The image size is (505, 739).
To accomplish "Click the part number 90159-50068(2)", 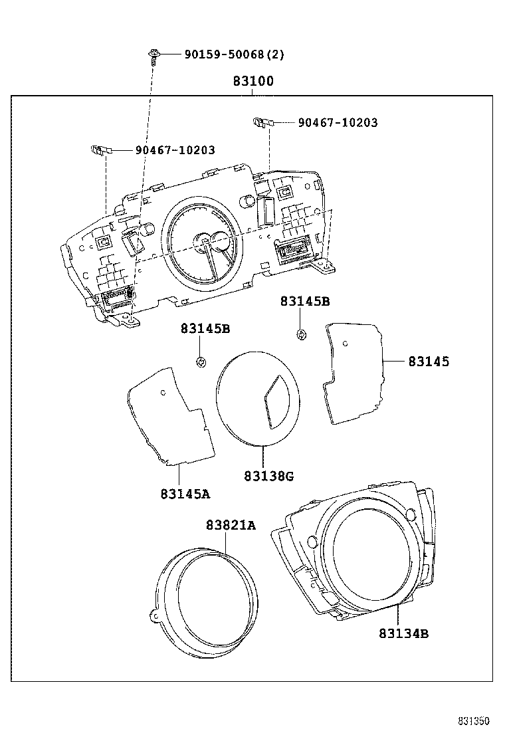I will click(234, 54).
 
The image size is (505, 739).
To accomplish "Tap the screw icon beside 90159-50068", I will click(154, 55).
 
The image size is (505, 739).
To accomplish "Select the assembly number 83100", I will click(252, 82).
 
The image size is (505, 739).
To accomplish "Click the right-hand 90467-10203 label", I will click(338, 123).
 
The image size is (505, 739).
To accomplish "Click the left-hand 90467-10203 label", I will click(175, 151).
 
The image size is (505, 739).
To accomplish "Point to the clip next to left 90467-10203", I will click(98, 150).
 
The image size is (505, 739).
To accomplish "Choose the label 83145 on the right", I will click(429, 362).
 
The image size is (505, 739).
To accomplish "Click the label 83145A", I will click(185, 494).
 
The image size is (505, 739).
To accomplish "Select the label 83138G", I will click(268, 476).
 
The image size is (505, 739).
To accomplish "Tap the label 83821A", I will click(230, 526).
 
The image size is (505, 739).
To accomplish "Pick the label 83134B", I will click(403, 633).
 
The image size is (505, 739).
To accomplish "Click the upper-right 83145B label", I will click(305, 301).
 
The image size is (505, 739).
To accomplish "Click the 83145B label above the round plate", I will click(205, 329).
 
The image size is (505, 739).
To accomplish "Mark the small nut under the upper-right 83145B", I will click(300, 334).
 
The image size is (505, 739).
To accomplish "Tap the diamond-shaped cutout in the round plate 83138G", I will click(275, 400).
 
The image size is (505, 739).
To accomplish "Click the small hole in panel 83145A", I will click(163, 392).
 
